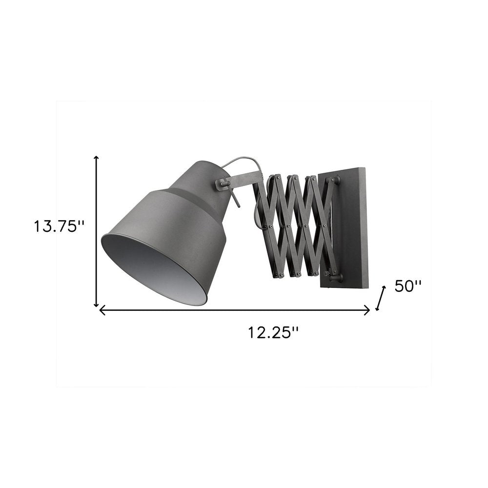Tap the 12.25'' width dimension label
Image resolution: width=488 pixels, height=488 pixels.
point(273,332)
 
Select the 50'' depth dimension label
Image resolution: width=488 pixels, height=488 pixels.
point(407,286)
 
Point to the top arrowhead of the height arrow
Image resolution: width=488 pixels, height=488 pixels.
point(97,158)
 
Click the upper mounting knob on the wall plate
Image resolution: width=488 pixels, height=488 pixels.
point(335,181)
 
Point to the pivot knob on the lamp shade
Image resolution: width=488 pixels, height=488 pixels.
point(221,183)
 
